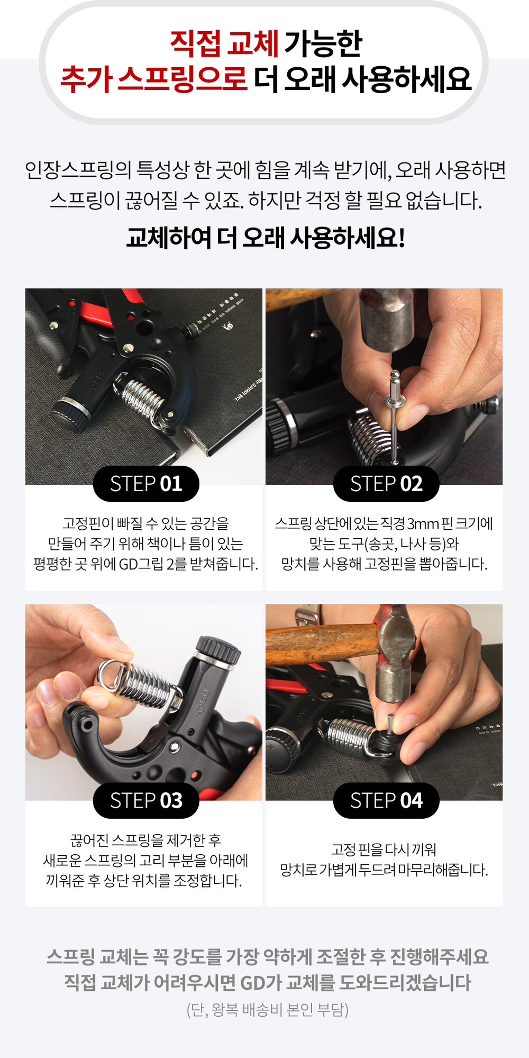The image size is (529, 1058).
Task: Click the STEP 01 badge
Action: [x=146, y=484]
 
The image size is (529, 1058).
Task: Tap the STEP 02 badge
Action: [x=386, y=484]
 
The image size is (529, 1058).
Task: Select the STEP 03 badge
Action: [x=146, y=800]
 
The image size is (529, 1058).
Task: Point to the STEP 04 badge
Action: [x=386, y=800]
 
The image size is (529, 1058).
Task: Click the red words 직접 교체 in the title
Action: [x=224, y=43]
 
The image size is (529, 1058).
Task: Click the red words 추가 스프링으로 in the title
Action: [x=153, y=79]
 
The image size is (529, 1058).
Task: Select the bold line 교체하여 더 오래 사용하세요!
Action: [x=266, y=238]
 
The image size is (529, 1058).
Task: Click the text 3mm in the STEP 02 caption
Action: [x=423, y=524]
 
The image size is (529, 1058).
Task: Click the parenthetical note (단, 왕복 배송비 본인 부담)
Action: [x=268, y=1010]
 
